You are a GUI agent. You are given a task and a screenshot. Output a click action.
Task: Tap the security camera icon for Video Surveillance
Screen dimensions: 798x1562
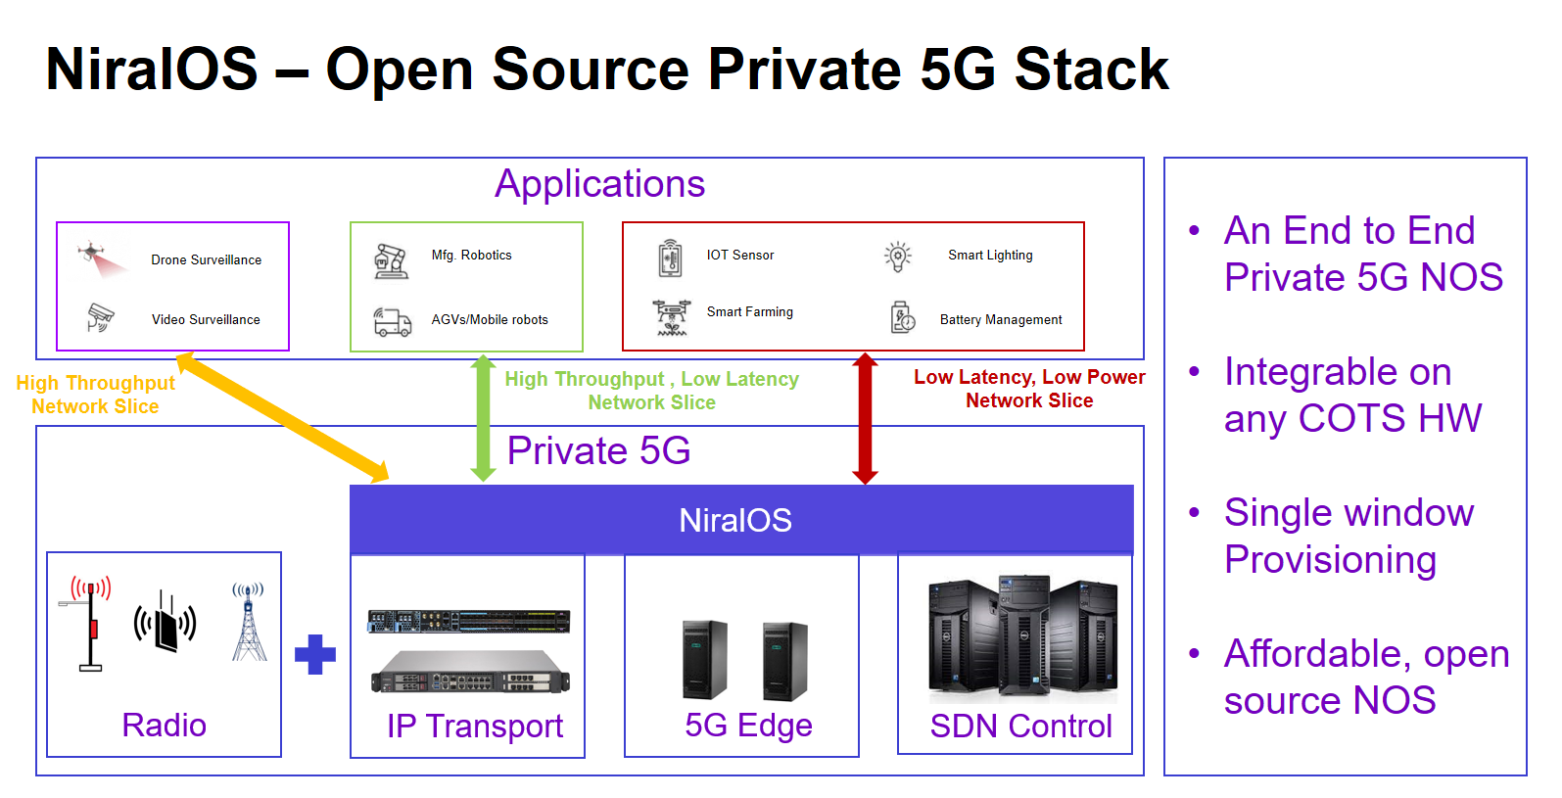(x=100, y=316)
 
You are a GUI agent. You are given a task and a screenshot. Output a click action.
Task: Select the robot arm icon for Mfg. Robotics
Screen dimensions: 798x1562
(x=391, y=260)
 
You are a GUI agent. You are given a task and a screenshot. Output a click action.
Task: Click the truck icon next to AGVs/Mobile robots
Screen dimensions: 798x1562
(x=393, y=321)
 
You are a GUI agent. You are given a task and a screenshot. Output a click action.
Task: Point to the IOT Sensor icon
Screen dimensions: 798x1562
(x=670, y=258)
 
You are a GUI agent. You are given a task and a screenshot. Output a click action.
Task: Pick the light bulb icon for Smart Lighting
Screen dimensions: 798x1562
(x=897, y=257)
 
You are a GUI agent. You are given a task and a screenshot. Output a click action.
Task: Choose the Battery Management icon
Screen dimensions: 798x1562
(x=903, y=317)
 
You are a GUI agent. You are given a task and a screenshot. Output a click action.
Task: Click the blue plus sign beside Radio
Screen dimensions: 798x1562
(x=315, y=654)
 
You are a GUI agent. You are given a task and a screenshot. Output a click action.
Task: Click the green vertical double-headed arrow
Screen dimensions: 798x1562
(x=483, y=418)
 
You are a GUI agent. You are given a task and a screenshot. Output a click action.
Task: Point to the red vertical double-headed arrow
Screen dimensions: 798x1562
(x=865, y=418)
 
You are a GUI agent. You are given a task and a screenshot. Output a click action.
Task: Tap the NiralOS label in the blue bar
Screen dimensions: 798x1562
(x=735, y=520)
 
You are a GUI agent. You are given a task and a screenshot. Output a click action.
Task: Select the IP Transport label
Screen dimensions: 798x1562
(x=475, y=726)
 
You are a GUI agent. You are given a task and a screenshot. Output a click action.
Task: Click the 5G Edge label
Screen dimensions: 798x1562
(x=748, y=725)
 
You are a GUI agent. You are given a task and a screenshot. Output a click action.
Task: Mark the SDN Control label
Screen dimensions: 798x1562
(x=1020, y=726)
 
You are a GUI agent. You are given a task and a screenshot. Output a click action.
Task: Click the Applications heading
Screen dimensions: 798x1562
(x=599, y=184)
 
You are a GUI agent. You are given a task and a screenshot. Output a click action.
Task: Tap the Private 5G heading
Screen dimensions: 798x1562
(x=598, y=450)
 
